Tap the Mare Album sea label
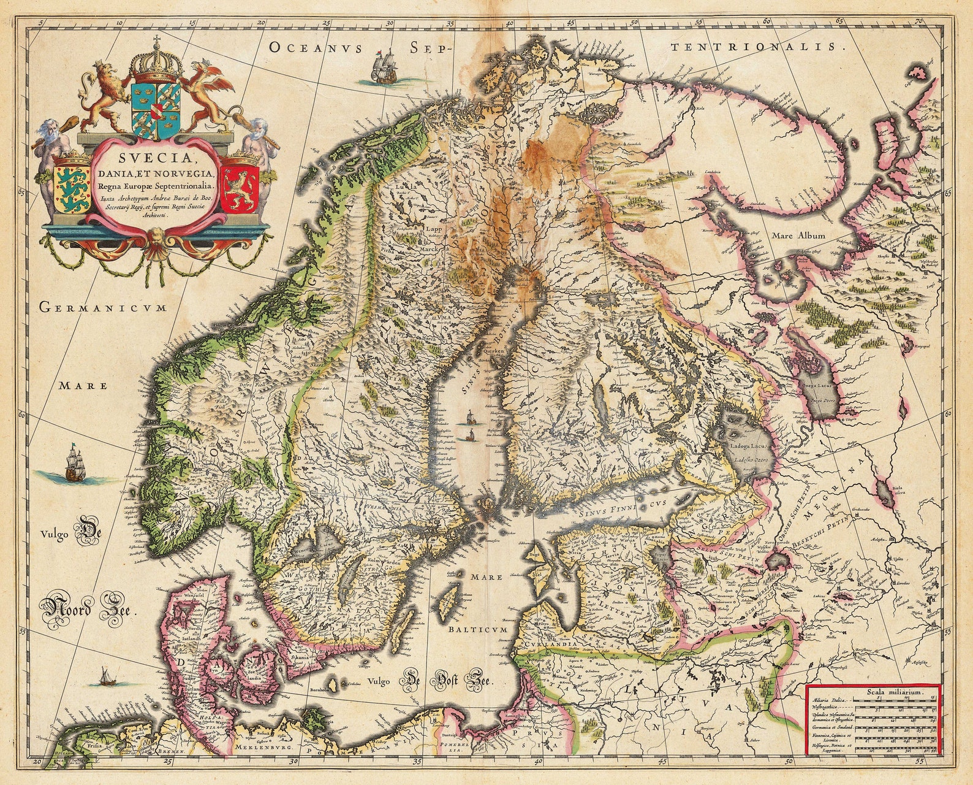(798, 235)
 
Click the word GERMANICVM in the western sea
(103, 307)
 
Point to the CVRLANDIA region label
(548, 645)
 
